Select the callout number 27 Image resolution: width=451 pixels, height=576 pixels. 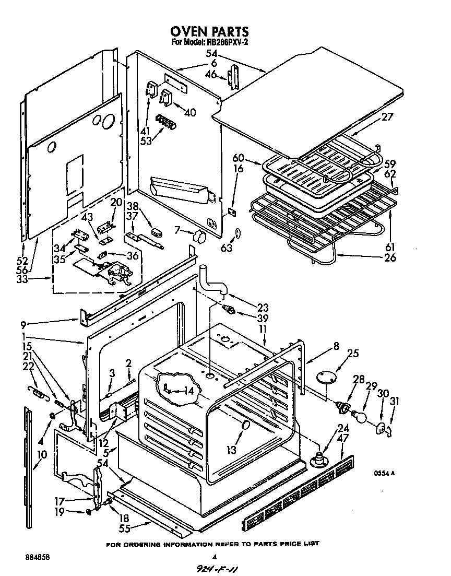tap(387, 117)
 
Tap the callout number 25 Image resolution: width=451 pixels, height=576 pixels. tap(353, 354)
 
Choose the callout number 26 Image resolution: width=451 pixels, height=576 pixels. tap(389, 257)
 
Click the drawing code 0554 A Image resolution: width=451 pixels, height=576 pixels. tap(384, 473)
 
